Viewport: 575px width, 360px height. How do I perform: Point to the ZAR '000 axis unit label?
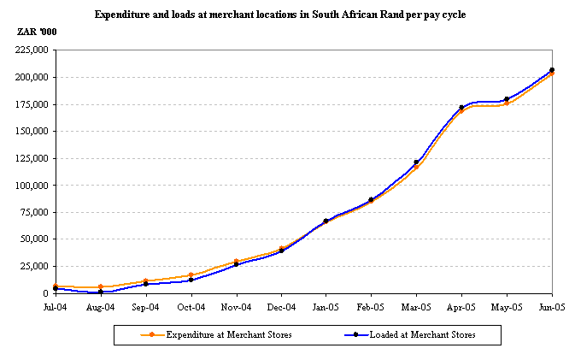tap(34, 32)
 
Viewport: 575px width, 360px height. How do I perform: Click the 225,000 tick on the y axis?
tap(32, 50)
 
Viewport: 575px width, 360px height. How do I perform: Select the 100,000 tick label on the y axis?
tap(32, 186)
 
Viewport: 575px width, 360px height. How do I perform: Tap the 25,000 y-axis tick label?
tap(35, 267)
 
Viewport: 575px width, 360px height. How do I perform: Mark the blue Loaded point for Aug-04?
tap(101, 292)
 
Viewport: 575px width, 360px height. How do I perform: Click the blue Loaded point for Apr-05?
tap(461, 108)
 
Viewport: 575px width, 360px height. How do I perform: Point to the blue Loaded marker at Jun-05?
tap(552, 70)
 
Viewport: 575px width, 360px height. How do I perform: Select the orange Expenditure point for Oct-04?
tap(191, 275)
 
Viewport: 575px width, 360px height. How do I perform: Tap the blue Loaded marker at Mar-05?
tap(416, 162)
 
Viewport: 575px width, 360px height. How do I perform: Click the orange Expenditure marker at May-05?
tap(507, 103)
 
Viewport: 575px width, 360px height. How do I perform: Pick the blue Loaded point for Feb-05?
tap(371, 200)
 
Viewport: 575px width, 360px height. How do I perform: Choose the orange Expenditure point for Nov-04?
tap(236, 262)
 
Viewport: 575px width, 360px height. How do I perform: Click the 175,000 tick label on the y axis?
tap(32, 104)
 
